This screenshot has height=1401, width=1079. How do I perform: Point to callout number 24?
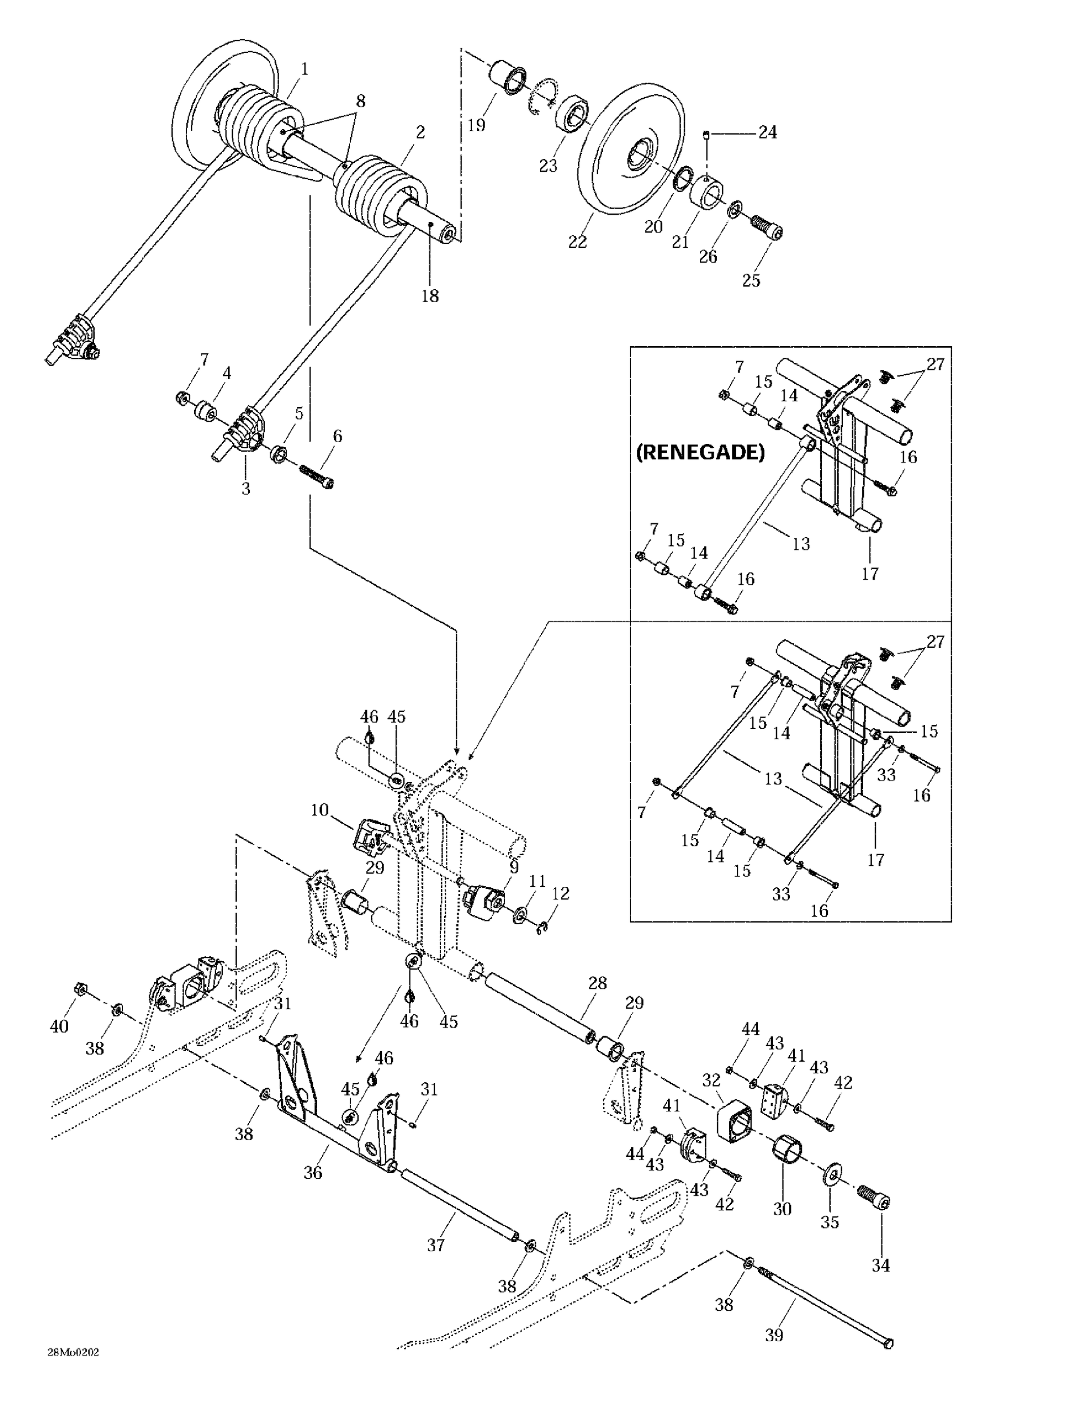tap(767, 132)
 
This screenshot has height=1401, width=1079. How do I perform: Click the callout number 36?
tap(312, 1172)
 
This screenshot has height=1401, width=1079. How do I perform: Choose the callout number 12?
tap(560, 893)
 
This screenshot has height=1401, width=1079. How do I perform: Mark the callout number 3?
tap(246, 488)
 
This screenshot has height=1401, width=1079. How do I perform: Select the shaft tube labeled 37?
tap(458, 1198)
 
